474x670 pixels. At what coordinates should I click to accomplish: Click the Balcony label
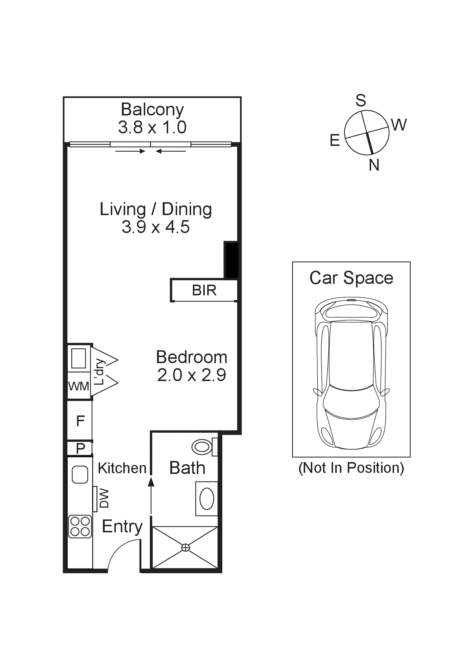pos(152,109)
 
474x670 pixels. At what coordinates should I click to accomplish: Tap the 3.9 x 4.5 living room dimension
pos(155,227)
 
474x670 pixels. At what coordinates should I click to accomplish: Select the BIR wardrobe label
pos(204,290)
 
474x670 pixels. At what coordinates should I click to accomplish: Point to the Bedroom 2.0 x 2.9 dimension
pos(191,375)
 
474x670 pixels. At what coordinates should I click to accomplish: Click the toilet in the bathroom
pos(203,447)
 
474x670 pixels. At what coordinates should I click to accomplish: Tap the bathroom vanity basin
pos(207,499)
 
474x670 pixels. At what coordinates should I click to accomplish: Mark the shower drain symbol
pos(185,547)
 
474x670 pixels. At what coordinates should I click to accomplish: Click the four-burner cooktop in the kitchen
pos(80,526)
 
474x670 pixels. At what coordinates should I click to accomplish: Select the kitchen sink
pos(80,474)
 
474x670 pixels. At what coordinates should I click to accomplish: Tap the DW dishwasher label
pos(104,498)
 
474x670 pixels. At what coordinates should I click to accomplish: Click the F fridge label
pos(80,420)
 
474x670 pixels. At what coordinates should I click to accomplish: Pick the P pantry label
pos(80,448)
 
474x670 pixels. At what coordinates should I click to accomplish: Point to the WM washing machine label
pos(79,386)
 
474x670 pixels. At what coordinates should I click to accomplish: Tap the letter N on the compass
pos(374,165)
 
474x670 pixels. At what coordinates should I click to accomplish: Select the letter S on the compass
pos(361,101)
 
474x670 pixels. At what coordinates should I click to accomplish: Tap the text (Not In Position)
pos(351,468)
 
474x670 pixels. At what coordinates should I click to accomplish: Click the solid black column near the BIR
pos(231,260)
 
